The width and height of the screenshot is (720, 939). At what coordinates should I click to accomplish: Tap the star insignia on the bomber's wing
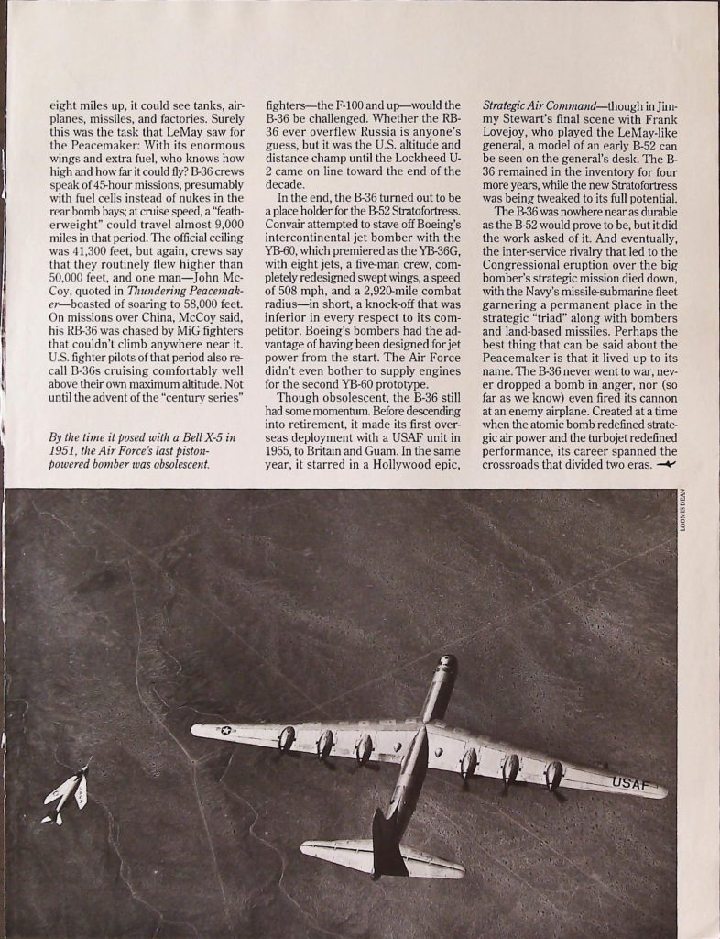pyautogui.click(x=225, y=731)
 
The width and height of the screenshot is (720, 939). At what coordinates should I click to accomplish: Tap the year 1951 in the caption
pyautogui.click(x=67, y=451)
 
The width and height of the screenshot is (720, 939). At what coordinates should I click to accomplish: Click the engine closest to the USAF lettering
pyautogui.click(x=554, y=776)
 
